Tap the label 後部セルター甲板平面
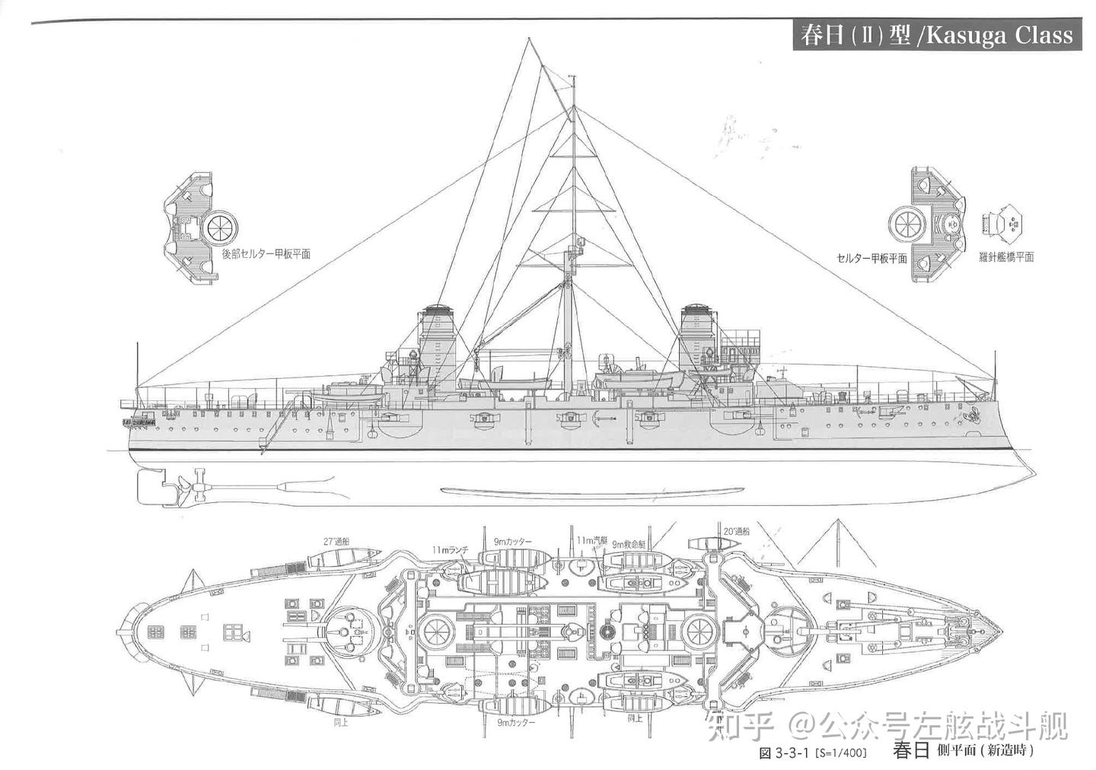[266, 254]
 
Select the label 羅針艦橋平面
[1006, 257]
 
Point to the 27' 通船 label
[336, 542]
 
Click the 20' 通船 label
[736, 532]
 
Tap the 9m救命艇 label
[629, 544]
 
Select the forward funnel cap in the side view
[696, 309]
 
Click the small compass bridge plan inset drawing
[1002, 224]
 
